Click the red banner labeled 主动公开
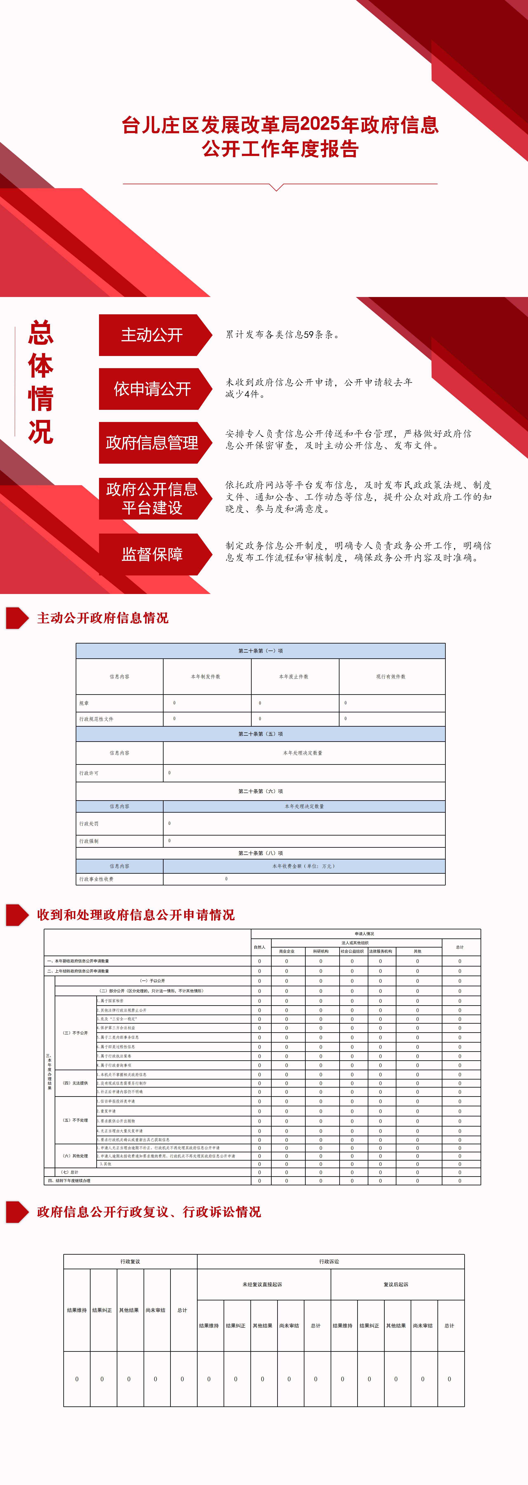[152, 335]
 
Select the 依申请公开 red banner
[152, 389]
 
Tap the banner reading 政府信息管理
[152, 443]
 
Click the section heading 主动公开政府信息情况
[103, 618]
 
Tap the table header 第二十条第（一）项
[260, 651]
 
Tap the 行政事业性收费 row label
[96, 879]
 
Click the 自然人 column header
[259, 947]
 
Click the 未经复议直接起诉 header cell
[262, 1284]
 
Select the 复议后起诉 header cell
[396, 1284]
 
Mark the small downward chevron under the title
[277, 187]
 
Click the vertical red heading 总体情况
[40, 382]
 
